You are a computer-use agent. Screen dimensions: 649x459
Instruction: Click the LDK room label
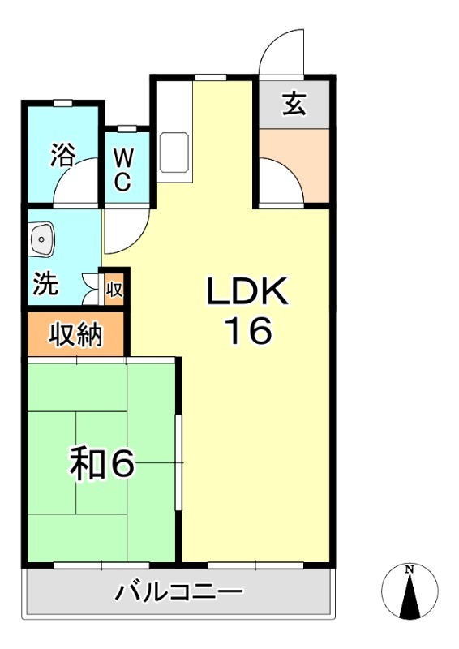(247, 293)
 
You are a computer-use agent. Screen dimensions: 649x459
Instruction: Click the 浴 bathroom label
(62, 154)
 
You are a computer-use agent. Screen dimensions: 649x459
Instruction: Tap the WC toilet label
(122, 169)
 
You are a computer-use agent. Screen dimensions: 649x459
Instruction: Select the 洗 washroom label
(46, 286)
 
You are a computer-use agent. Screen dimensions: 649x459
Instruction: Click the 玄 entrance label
(294, 103)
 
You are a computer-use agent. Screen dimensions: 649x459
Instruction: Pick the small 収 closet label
(114, 288)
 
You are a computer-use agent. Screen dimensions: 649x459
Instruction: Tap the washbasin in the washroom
(41, 238)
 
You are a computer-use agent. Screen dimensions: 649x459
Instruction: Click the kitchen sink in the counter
(174, 153)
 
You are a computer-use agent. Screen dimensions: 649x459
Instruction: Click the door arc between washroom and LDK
(123, 231)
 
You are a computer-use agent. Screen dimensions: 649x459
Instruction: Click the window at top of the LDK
(209, 77)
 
